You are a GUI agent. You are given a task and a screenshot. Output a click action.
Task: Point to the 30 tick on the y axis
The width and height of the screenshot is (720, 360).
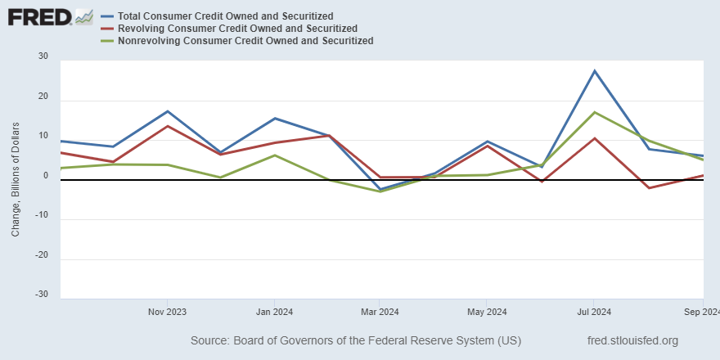click(43, 57)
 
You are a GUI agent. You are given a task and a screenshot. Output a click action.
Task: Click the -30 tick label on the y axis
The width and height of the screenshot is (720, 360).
click(40, 295)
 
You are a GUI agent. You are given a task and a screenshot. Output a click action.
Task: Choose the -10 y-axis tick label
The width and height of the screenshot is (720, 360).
click(40, 215)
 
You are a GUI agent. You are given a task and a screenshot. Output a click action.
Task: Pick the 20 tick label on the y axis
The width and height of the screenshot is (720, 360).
click(43, 97)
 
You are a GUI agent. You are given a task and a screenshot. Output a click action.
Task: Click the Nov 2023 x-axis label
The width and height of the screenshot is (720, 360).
click(167, 312)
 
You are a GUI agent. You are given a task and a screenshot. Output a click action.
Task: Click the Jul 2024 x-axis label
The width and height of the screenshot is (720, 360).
click(594, 312)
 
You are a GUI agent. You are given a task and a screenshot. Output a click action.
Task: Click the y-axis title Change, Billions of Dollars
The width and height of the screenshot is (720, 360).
click(16, 176)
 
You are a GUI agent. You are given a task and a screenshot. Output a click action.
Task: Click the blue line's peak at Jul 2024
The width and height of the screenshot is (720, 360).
click(595, 71)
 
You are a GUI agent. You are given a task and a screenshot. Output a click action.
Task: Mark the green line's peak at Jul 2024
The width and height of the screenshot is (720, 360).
click(595, 112)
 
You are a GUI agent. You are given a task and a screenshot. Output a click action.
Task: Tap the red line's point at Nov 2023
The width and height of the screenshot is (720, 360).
click(167, 126)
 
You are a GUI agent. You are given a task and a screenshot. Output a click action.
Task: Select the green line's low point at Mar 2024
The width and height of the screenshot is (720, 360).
click(380, 191)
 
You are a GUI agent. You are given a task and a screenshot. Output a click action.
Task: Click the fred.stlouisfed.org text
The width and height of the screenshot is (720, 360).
click(632, 340)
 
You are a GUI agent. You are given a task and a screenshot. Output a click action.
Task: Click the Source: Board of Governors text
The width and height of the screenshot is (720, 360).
click(355, 340)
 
